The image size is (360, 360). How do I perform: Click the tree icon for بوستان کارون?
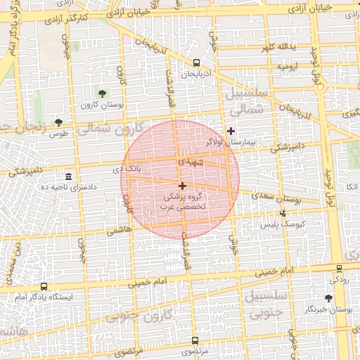103,93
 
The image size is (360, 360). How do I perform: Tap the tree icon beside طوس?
58,122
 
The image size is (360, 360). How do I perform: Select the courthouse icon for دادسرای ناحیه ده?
68,176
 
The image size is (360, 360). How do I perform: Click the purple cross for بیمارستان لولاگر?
231,131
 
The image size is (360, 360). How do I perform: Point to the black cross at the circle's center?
183,186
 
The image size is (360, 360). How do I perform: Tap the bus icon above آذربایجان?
195,63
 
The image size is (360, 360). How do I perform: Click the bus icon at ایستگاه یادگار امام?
44,287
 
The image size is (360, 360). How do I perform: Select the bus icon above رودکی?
339,269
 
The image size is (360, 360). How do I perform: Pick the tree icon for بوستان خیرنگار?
329,298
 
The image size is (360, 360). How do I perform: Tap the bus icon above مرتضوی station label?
195,340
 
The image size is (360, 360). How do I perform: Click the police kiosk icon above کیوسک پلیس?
283,212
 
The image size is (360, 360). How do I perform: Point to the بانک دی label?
127,169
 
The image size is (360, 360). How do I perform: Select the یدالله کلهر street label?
285,47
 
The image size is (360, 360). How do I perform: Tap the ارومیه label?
289,66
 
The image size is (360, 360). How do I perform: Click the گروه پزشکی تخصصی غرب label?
184,202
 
